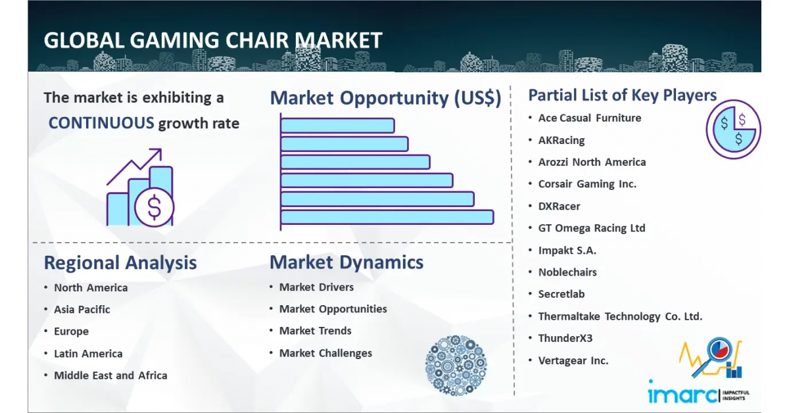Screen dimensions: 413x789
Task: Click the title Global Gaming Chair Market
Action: tap(212, 41)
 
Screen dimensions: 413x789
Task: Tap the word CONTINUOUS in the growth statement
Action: tap(101, 123)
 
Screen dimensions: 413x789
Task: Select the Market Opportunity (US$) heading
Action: tap(385, 98)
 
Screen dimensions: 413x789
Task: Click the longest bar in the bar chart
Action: tap(387, 217)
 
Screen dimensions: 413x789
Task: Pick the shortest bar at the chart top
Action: tap(337, 125)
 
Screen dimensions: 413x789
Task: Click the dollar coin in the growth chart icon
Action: tap(154, 207)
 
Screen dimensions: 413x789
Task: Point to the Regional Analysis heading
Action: tap(120, 263)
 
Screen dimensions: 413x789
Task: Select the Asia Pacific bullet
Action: tap(82, 310)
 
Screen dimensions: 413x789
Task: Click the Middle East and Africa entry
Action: tap(110, 376)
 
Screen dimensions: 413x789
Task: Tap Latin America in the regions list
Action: tap(88, 354)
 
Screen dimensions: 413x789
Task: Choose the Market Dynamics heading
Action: tap(347, 262)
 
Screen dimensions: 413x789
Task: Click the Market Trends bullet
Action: tap(315, 331)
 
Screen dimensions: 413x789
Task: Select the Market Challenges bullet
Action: tap(325, 353)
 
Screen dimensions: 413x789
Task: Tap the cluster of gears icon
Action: tap(456, 365)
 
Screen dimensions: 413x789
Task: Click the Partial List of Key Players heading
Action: tap(622, 95)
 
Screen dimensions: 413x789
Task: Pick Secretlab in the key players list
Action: tap(561, 294)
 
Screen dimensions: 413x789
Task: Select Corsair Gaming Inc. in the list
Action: tap(587, 184)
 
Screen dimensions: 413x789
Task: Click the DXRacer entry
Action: tap(559, 206)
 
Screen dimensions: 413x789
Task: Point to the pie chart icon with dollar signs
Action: tap(732, 129)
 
